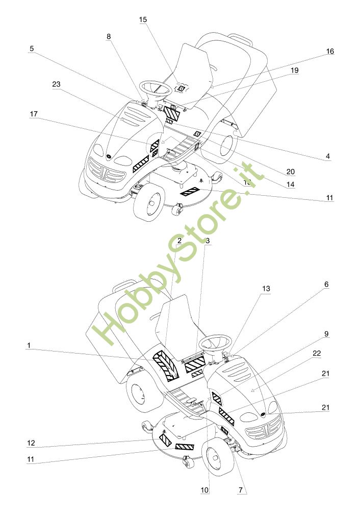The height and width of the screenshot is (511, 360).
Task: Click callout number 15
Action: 143,19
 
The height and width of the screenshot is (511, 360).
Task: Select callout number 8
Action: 109,36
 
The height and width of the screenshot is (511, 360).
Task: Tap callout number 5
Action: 32,49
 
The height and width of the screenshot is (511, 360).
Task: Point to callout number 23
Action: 56,85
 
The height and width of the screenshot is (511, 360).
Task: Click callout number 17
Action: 34,115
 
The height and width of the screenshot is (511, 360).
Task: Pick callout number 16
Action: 330,52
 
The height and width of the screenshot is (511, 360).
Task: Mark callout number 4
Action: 328,156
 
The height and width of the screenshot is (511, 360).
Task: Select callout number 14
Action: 290,184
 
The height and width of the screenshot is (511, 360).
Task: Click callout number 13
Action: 266,289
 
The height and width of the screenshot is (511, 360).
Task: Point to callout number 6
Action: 326,284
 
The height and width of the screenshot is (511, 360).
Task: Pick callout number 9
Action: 326,334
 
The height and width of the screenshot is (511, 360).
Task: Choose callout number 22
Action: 317,353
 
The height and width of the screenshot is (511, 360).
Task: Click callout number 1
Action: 29,345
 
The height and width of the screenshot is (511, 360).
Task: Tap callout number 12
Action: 31,442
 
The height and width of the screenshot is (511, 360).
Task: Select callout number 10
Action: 204,490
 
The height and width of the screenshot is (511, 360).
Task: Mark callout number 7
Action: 240,490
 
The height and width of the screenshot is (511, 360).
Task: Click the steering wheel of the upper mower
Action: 155,88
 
